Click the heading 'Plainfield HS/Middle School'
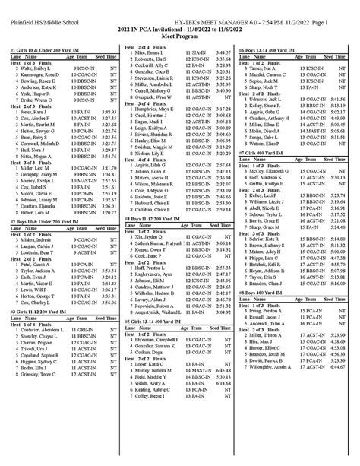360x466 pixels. [x=39, y=8]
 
